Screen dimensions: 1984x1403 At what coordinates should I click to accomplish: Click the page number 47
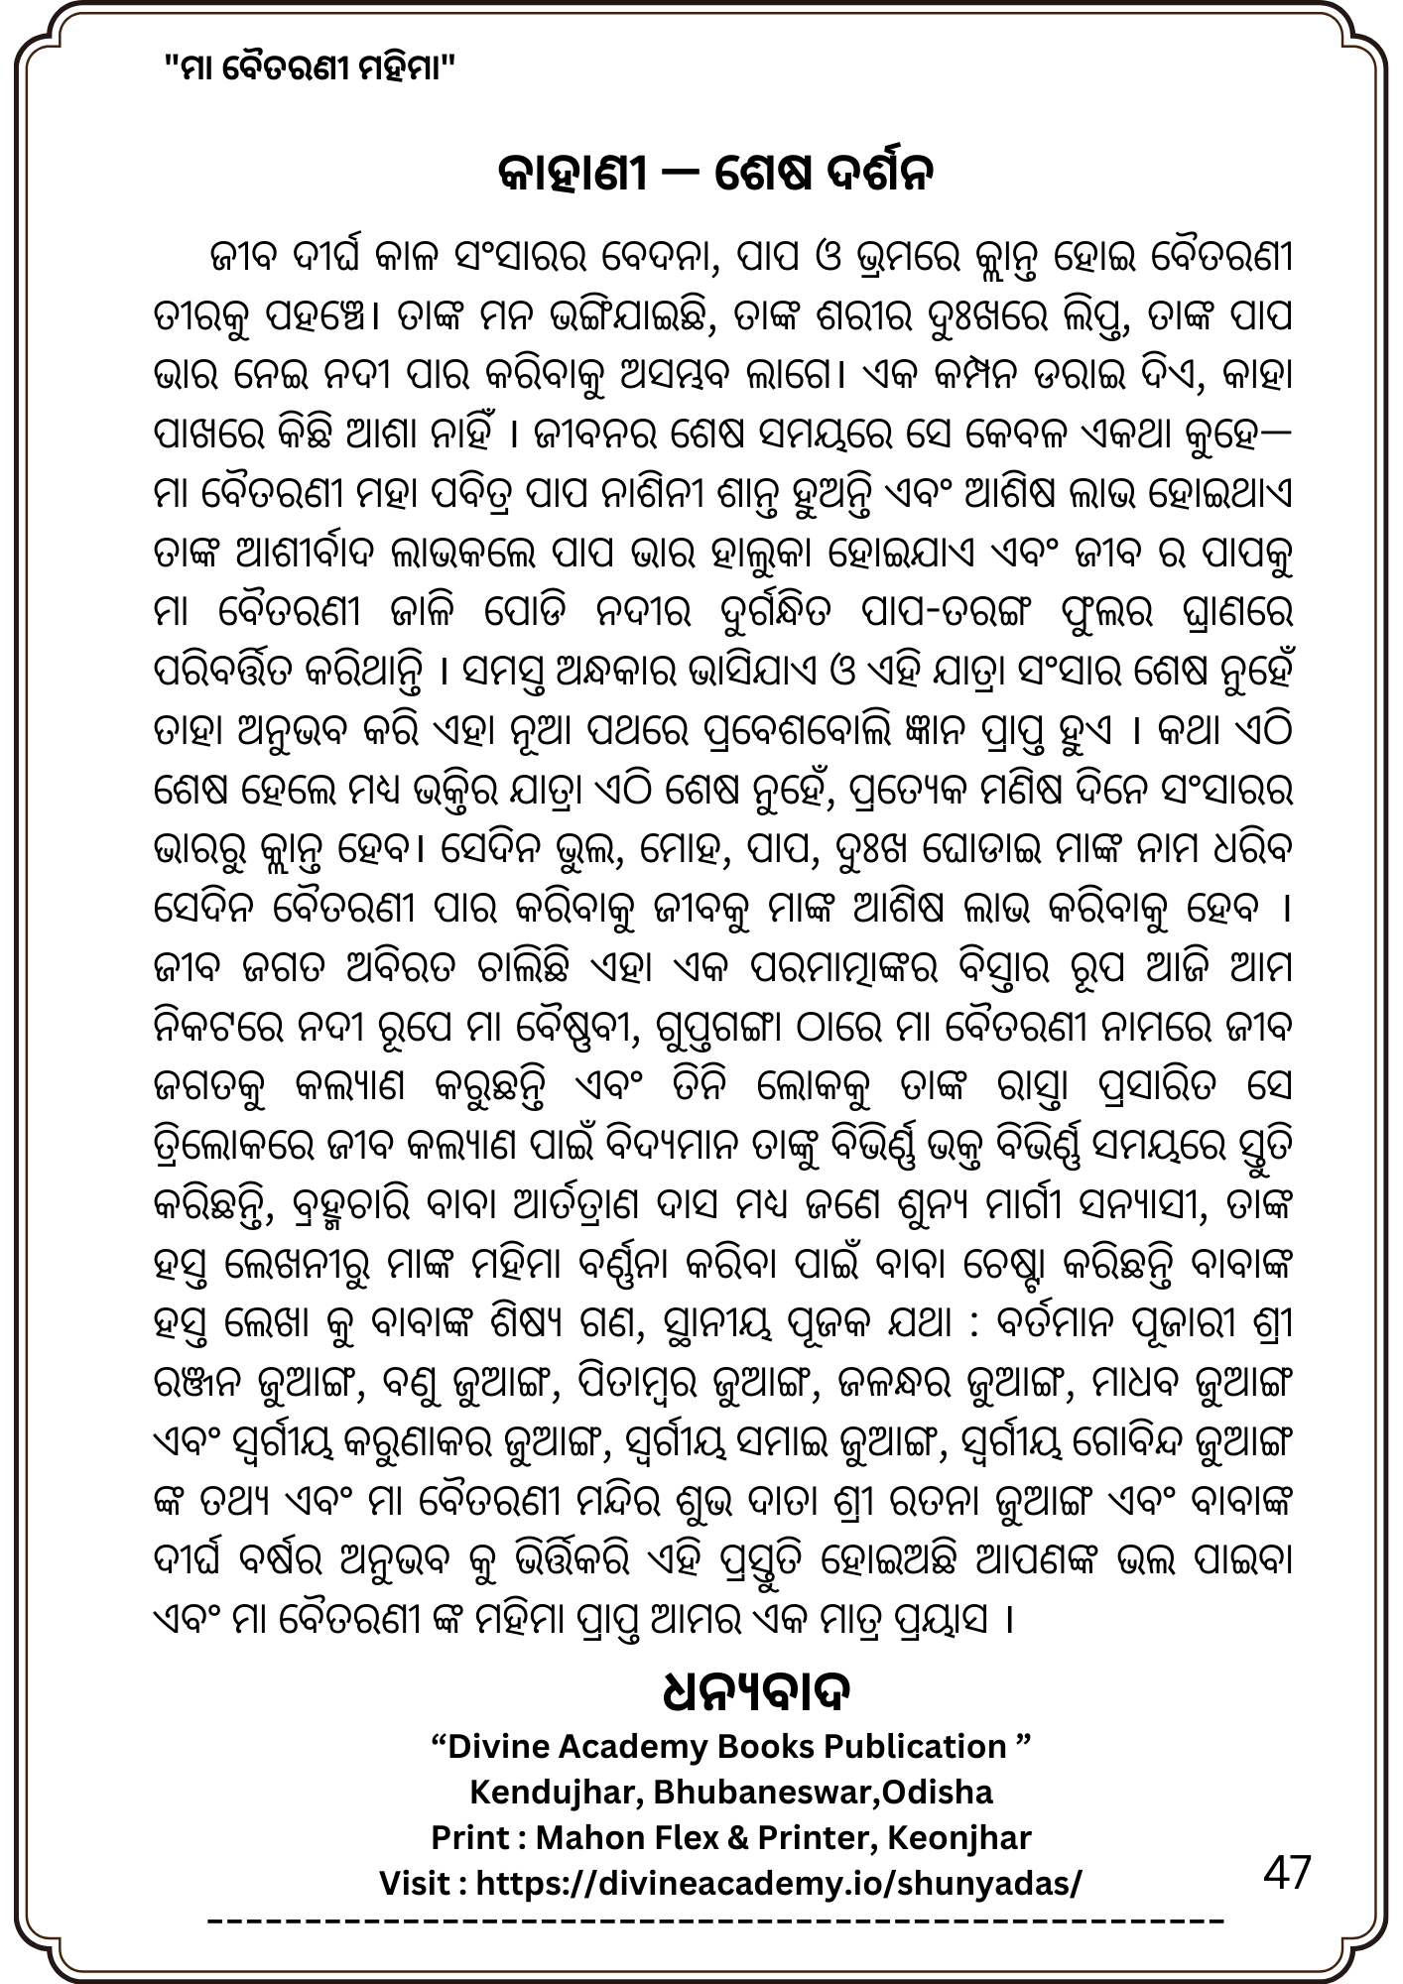(1287, 1874)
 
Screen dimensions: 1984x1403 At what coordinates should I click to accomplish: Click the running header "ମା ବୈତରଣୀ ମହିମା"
(310, 68)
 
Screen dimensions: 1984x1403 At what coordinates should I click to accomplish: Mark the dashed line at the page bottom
(716, 1921)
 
